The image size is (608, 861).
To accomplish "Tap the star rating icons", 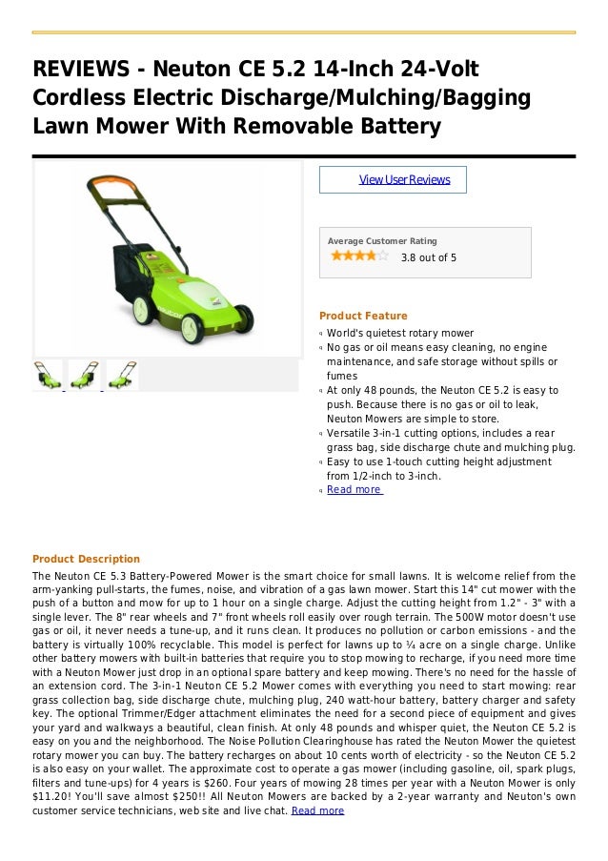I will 358,256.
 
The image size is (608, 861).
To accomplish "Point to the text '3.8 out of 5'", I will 428,257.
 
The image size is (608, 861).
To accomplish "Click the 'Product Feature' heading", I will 363,316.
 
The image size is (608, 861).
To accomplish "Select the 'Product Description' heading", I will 86,559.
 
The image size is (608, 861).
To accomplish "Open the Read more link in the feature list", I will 355,489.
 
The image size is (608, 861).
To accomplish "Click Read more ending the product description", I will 317,810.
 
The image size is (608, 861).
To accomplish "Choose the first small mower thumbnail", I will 47,375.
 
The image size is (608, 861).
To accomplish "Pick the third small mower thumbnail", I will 122,375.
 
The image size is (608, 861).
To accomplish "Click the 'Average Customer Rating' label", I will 382,241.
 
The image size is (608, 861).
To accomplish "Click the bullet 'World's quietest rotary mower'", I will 399,333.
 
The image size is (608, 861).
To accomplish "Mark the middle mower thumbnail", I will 84,375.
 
